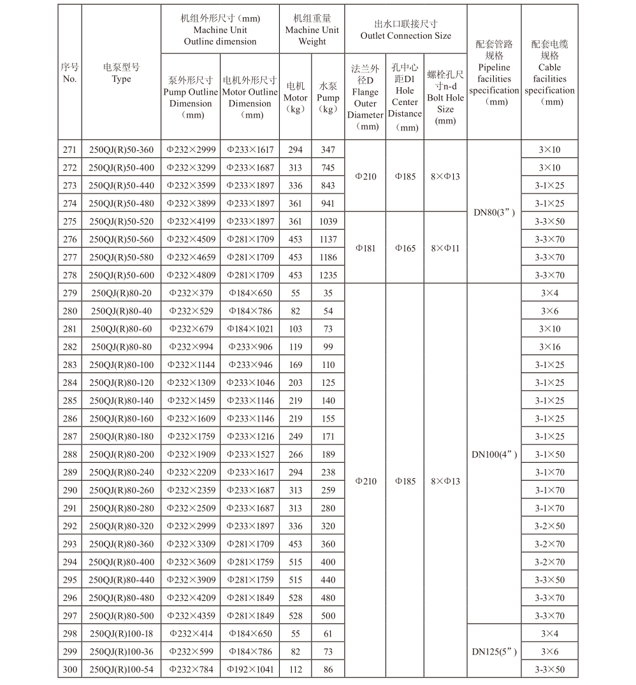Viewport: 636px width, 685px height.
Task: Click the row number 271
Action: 69,150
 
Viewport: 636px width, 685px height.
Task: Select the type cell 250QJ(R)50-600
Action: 121,275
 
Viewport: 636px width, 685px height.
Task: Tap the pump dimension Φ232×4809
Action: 191,275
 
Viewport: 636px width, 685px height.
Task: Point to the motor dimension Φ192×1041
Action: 249,669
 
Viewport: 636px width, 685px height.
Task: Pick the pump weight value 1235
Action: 328,275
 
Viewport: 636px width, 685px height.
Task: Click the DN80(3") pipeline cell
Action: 494,213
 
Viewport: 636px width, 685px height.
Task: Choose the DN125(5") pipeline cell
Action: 494,651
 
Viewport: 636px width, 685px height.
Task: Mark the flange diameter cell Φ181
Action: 365,248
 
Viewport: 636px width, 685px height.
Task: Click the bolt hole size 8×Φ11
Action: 445,248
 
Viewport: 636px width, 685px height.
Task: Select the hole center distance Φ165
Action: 405,248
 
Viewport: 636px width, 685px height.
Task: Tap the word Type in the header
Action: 121,79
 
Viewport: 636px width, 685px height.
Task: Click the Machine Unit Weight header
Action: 312,30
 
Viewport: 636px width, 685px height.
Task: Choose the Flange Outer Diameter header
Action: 365,97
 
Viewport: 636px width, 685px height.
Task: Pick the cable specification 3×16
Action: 549,347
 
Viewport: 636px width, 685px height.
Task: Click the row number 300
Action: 69,669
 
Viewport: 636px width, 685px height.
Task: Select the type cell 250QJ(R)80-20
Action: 121,293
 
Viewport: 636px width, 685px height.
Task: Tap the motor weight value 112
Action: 295,669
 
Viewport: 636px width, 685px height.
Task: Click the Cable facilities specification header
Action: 549,73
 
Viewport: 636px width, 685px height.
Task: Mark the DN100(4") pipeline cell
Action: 494,455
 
